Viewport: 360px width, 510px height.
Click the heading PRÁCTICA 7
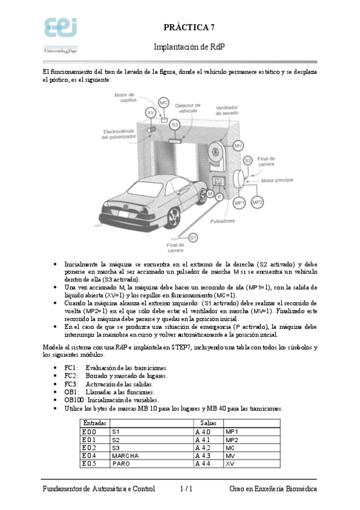(189, 27)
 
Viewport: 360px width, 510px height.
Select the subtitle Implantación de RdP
(189, 46)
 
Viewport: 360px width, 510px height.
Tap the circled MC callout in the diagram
(163, 103)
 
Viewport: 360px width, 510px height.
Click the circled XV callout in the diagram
(151, 113)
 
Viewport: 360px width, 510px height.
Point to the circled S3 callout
(174, 124)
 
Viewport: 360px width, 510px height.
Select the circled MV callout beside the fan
(238, 146)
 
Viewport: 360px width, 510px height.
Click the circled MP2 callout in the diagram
(257, 203)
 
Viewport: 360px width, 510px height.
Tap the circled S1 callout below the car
(193, 238)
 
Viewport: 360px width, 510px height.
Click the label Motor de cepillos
(125, 97)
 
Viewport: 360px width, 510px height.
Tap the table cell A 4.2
(203, 447)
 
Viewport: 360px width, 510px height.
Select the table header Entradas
(94, 423)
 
